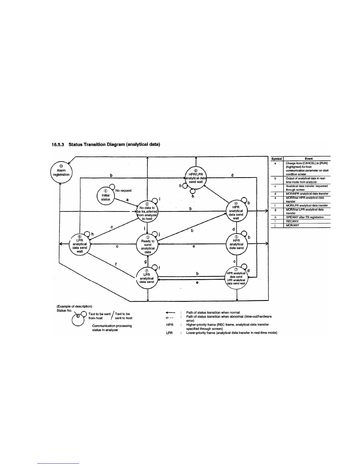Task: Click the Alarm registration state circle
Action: (61, 172)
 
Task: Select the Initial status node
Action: (106, 195)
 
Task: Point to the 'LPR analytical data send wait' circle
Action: (79, 246)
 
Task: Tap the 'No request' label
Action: (124, 191)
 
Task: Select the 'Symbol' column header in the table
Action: (276, 159)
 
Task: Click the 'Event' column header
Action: (309, 159)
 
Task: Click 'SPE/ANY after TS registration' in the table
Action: (305, 217)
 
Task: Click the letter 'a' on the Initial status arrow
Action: (127, 200)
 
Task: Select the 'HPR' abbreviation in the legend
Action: (169, 325)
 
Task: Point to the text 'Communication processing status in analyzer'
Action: (112, 328)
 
